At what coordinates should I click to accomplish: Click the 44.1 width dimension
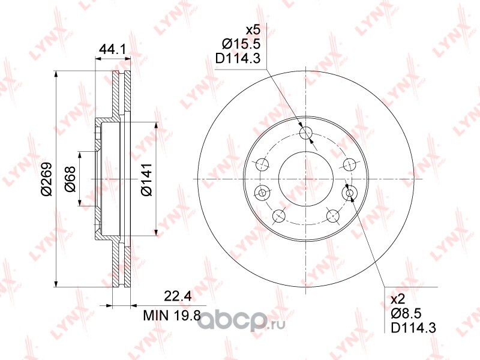point(113,50)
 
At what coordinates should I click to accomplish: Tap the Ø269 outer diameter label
point(47,179)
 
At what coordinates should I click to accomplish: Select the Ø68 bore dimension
point(70,179)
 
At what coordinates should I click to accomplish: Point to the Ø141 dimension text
point(146,179)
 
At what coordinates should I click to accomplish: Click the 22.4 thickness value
point(178,296)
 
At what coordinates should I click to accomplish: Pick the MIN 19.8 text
point(172,315)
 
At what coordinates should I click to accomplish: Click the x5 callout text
point(253,31)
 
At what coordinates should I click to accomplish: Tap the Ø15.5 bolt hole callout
point(241,44)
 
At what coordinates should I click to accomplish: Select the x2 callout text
point(398,299)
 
